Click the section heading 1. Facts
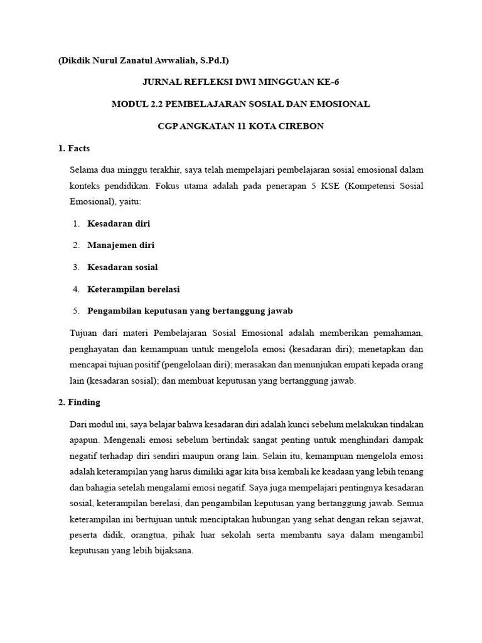pos(73,148)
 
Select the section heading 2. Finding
pos(79,402)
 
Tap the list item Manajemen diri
pos(120,245)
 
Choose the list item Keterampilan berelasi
pos(133,289)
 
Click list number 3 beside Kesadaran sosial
pos(75,267)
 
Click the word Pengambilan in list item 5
pos(115,311)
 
